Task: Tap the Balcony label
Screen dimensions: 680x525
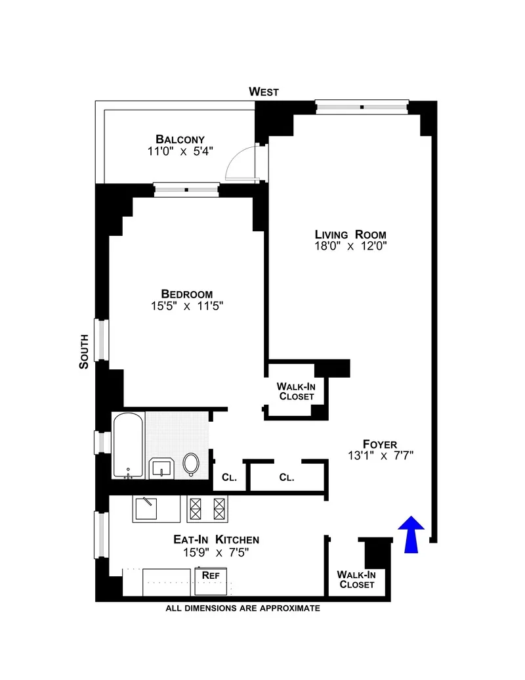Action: point(180,139)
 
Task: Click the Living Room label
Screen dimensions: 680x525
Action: point(350,235)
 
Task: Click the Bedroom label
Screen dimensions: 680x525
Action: point(187,294)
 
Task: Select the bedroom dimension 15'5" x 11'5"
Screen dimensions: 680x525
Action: point(187,306)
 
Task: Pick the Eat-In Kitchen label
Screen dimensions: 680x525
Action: point(216,539)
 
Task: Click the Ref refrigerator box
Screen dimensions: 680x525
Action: point(211,575)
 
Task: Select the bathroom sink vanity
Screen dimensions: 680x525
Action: point(161,467)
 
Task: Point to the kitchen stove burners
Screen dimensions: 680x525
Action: point(207,507)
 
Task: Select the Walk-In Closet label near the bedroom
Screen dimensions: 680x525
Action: point(295,392)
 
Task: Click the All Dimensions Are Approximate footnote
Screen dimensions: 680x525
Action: point(243,608)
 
